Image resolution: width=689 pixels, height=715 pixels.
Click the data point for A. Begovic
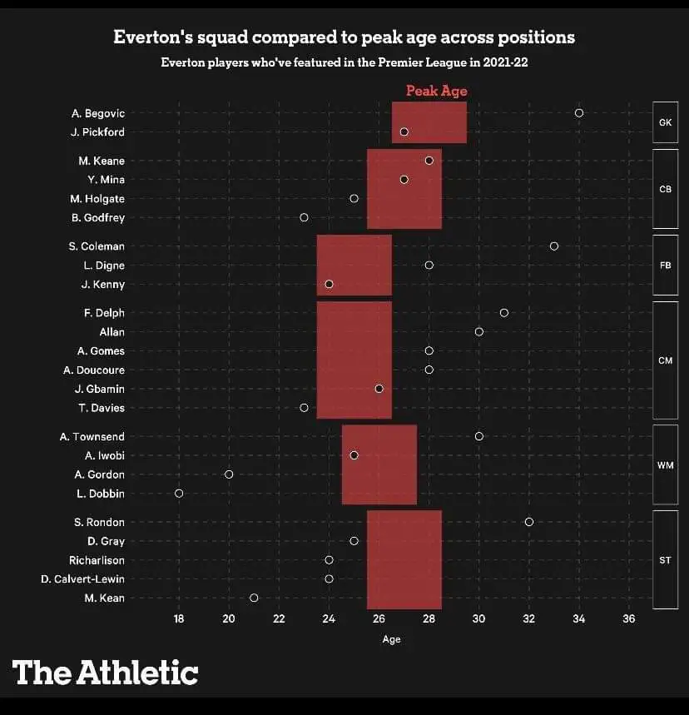point(579,113)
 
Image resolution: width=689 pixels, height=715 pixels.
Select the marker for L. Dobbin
point(179,494)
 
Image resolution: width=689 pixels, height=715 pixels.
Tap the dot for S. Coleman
point(554,246)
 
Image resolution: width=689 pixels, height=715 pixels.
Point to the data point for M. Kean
point(254,598)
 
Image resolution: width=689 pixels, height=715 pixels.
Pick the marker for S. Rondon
point(529,522)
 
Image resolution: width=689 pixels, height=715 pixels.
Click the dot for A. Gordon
point(229,474)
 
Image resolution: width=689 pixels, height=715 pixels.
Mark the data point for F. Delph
point(504,313)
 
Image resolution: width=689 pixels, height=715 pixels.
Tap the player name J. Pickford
point(97,132)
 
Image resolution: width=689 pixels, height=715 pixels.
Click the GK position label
point(665,122)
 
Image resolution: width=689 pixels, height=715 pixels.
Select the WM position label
point(665,465)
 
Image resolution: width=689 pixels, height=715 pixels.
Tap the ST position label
point(665,560)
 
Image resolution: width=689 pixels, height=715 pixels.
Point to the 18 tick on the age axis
point(179,618)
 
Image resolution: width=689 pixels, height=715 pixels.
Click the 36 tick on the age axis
point(629,618)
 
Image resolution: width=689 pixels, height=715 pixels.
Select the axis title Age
point(391,639)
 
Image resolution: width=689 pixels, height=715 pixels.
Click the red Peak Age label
point(436,91)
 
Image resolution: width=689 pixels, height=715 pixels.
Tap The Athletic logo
point(105,672)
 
